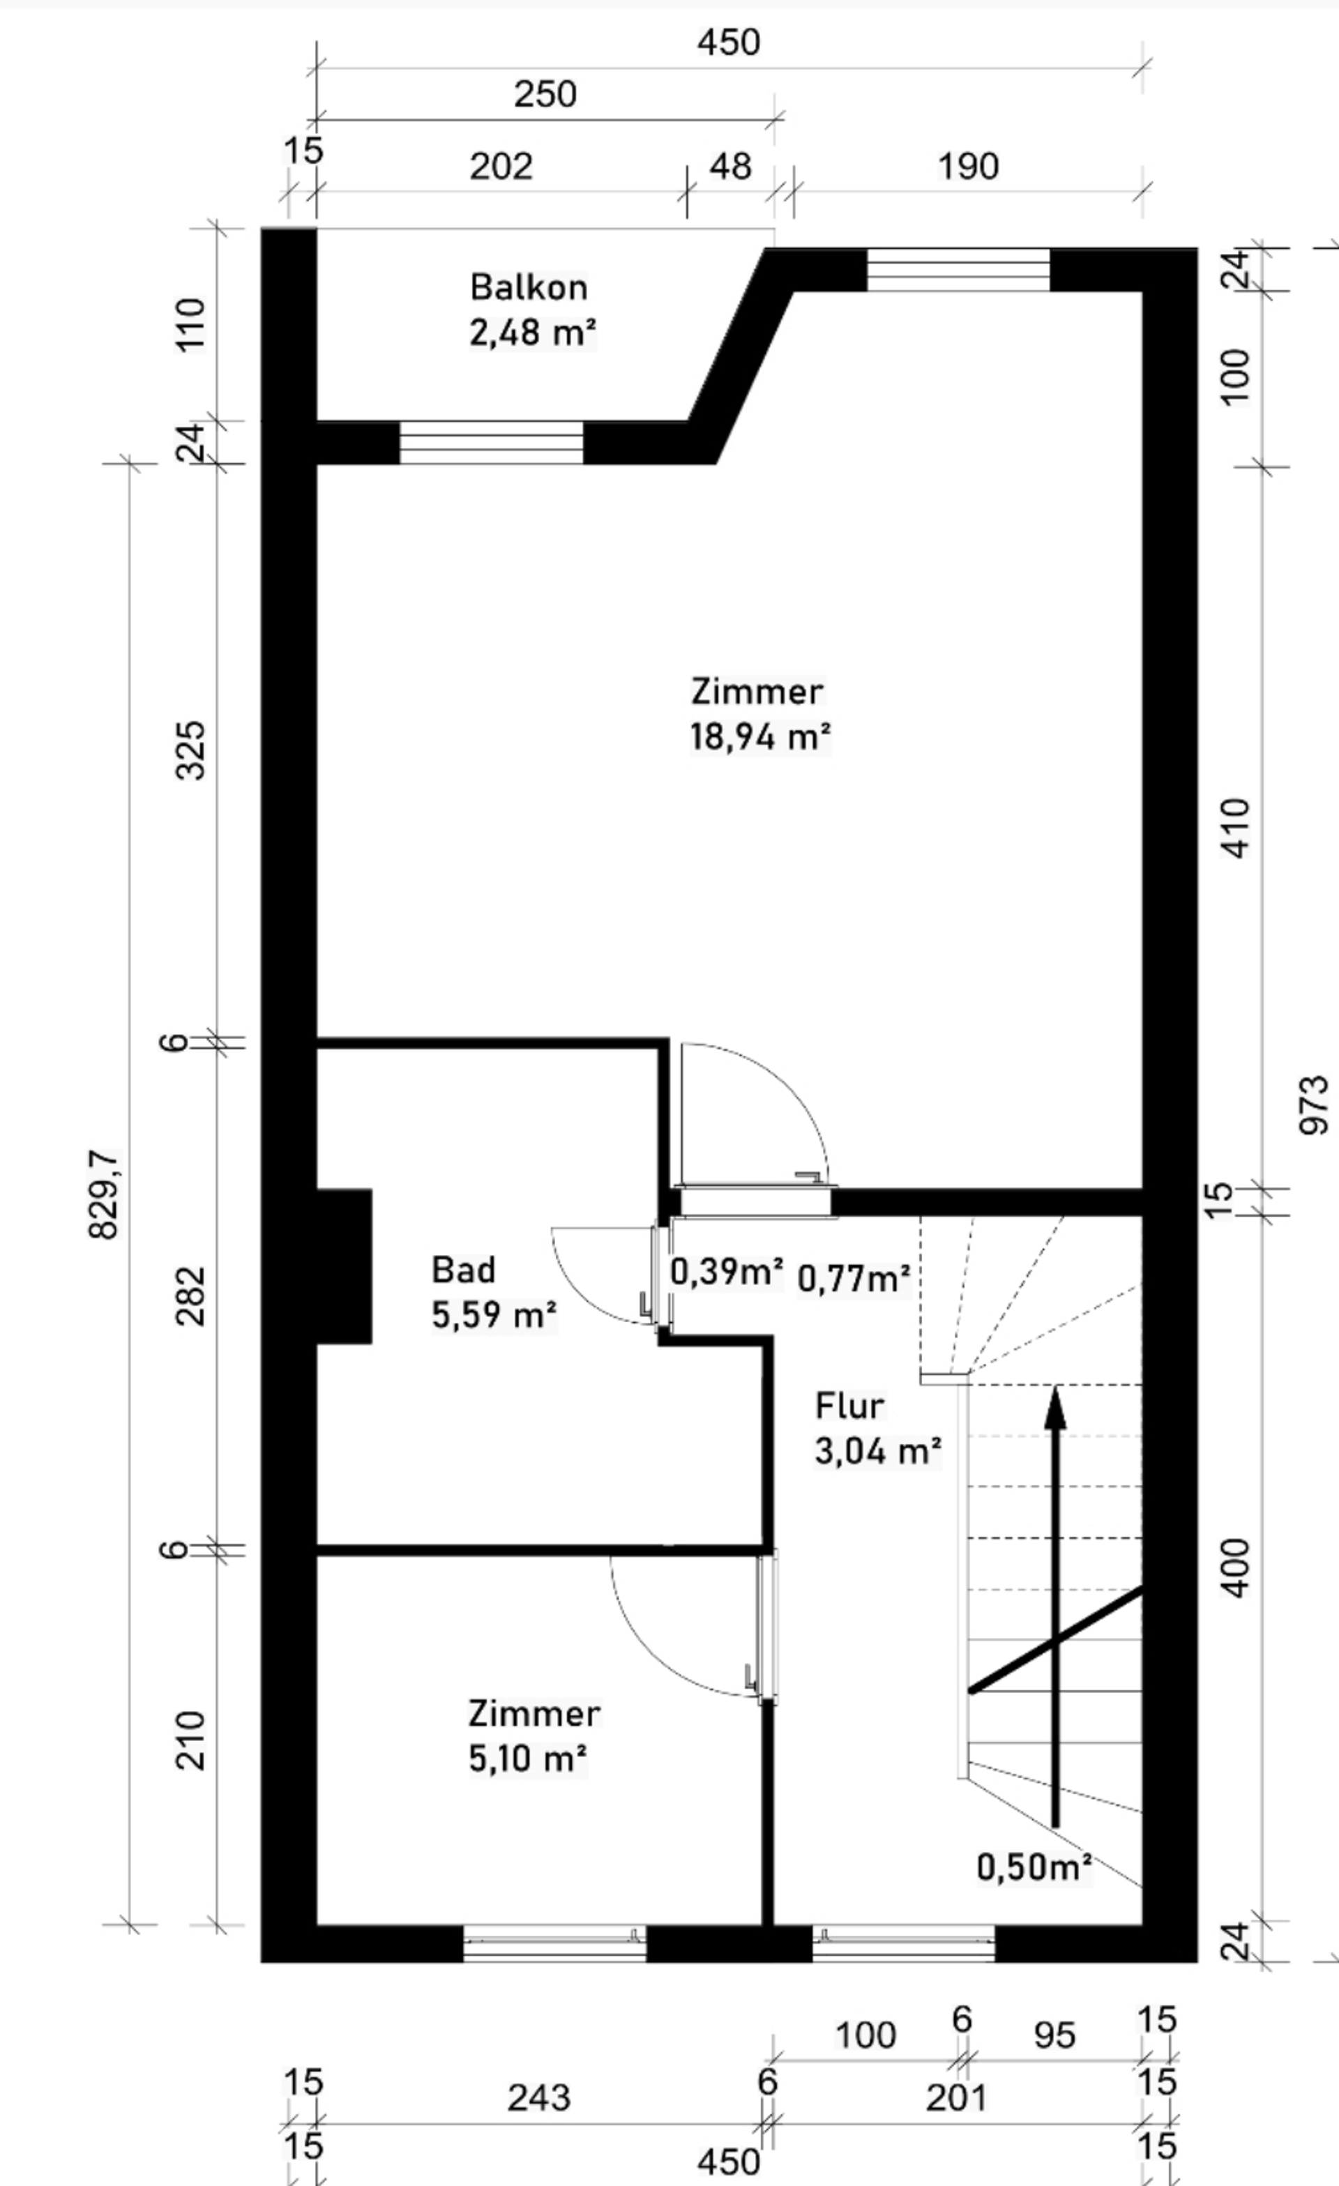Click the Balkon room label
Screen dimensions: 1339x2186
coord(528,287)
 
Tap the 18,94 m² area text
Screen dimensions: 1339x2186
coord(760,736)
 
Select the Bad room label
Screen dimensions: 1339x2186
coord(463,1270)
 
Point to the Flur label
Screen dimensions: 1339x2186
coord(849,1406)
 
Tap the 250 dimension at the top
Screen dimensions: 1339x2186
coord(545,94)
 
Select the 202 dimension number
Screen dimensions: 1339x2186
coord(501,167)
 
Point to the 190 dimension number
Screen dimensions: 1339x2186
coord(968,167)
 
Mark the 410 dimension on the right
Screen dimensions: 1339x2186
coord(1235,828)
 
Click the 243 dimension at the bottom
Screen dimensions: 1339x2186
coord(538,2098)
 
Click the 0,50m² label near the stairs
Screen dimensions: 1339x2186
coord(1034,1867)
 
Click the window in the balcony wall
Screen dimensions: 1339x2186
coord(491,443)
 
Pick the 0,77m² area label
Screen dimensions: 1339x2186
coord(854,1278)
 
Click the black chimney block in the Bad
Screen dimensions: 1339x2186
coord(345,1266)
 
